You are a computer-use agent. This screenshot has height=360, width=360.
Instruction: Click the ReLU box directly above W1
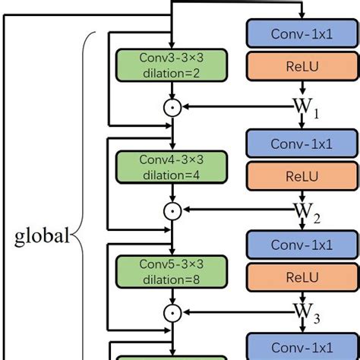(302, 66)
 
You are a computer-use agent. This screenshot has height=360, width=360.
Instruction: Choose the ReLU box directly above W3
(302, 279)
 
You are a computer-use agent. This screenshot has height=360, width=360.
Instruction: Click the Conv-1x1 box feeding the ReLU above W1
(302, 33)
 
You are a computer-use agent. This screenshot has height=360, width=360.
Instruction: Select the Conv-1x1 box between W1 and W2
(302, 143)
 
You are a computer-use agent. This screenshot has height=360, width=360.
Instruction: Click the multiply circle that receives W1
(174, 107)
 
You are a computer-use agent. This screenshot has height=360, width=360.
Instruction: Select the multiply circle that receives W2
(174, 210)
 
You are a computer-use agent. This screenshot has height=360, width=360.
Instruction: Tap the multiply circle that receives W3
(174, 312)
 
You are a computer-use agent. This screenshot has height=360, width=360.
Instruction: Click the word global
(42, 235)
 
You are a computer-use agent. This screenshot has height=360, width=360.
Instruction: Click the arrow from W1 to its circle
(235, 107)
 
